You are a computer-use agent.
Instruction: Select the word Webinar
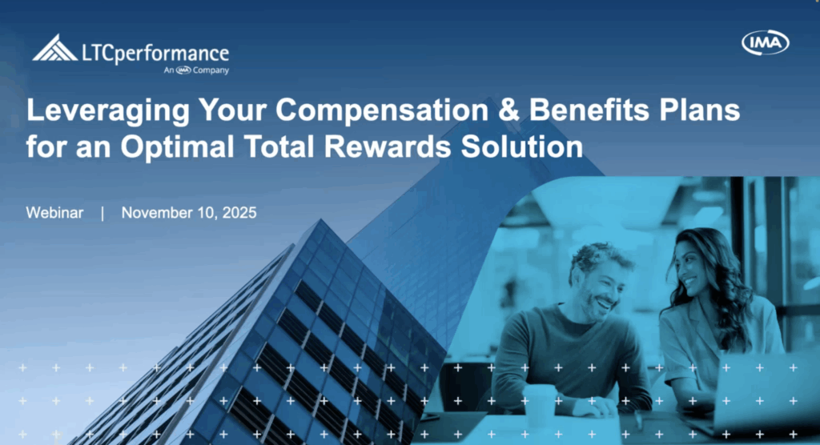point(54,214)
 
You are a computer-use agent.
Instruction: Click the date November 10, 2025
point(189,214)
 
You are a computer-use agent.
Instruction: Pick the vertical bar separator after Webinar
point(102,214)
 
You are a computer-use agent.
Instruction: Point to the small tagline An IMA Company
point(196,70)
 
